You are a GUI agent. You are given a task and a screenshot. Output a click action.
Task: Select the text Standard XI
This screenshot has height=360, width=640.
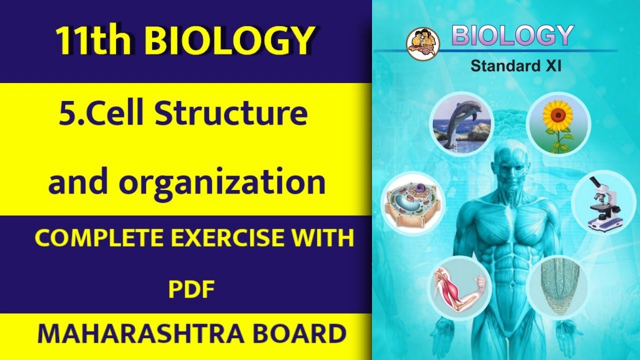(515, 66)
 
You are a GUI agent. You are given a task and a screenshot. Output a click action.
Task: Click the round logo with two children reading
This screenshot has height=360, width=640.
(423, 43)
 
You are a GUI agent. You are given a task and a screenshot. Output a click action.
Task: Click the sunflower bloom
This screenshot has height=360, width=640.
(557, 115)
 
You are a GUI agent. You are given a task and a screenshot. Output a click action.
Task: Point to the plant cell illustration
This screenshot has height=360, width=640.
(413, 203)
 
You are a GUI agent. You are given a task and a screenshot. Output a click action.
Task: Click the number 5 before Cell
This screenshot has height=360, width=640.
(66, 113)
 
